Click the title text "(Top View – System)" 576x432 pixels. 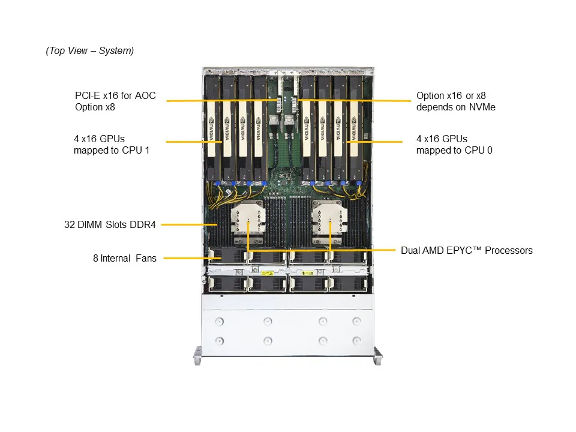89,51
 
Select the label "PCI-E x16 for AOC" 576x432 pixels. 115,95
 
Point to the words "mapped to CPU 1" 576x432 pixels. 112,150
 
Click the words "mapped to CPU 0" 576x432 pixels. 454,150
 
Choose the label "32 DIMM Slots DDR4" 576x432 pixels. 110,225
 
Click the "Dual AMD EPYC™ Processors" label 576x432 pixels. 466,250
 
